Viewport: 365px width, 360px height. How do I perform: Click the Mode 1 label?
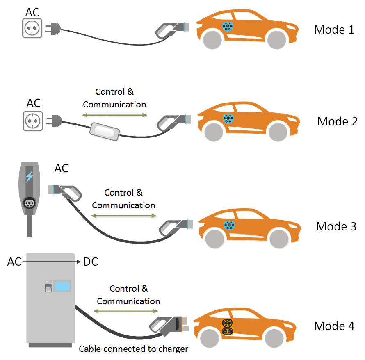334,30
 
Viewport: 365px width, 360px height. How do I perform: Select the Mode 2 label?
337,121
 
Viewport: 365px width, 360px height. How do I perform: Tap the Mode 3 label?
336,226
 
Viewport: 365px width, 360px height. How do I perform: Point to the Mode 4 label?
334,326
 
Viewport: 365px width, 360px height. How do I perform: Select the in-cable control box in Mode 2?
105,131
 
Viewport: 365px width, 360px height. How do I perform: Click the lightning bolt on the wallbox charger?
29,177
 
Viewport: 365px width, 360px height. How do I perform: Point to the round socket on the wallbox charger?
29,203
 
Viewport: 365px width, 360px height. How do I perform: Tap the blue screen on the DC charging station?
62,286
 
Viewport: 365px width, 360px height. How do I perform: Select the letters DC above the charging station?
90,261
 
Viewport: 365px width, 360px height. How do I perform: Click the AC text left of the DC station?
14,262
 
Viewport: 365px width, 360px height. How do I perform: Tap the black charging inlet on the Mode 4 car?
226,326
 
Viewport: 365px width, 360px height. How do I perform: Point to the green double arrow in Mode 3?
123,216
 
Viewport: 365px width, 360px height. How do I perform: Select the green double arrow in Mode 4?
128,312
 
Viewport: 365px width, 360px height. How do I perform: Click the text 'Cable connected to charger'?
133,349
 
